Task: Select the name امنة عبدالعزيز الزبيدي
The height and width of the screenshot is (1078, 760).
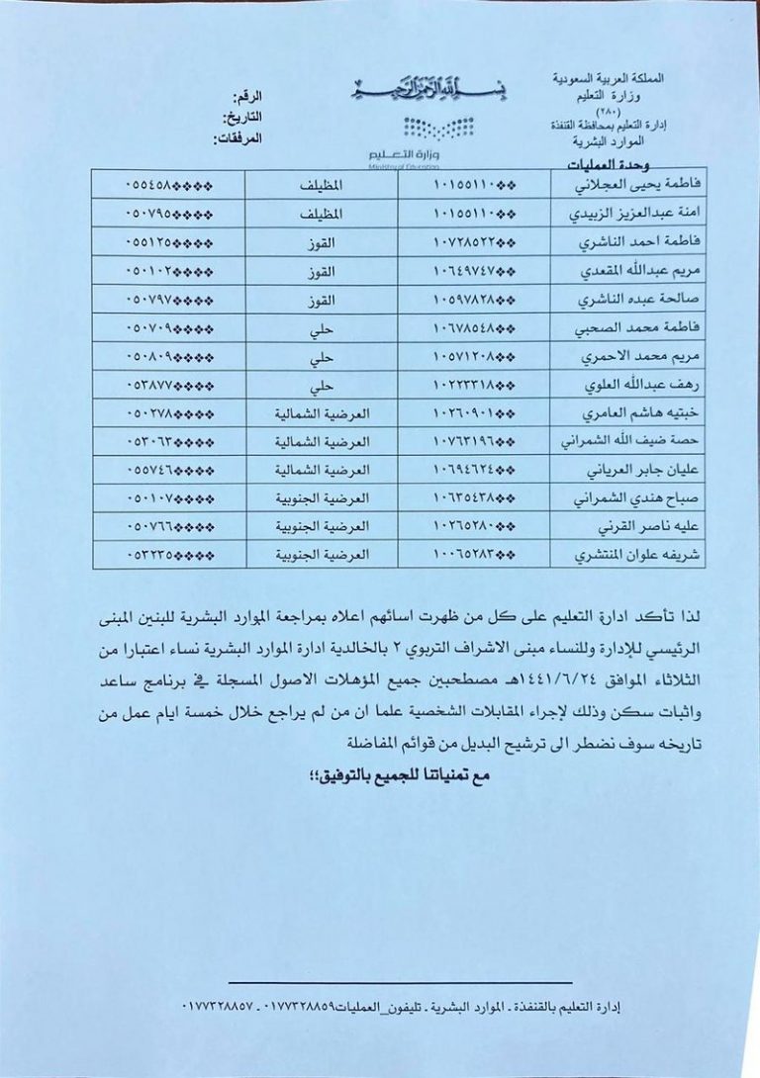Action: [x=610, y=213]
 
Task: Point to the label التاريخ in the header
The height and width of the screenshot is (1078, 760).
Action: [x=241, y=117]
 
